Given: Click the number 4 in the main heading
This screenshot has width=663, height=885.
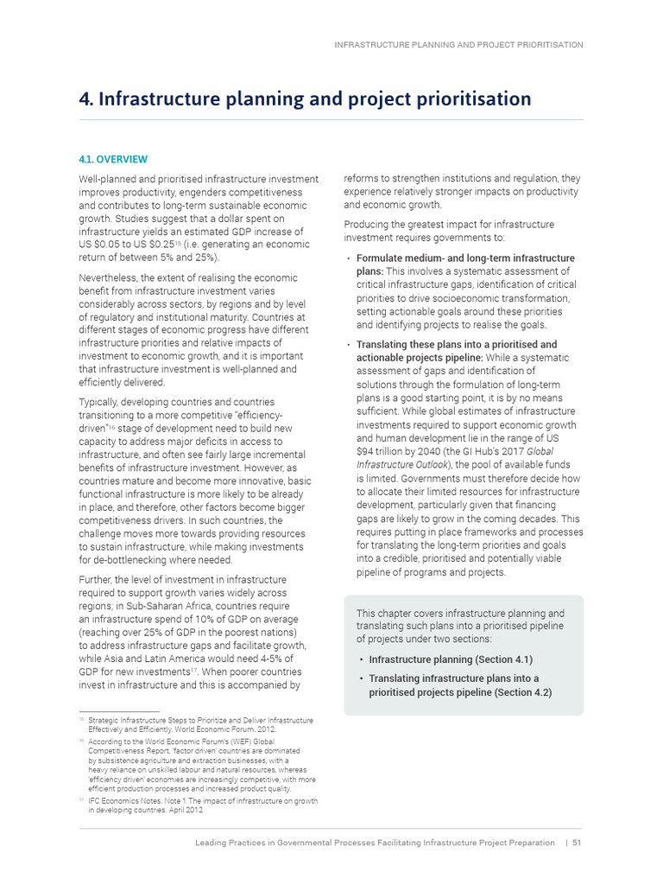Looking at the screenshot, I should pyautogui.click(x=85, y=99).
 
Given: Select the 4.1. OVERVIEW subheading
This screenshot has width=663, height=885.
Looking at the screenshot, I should pyautogui.click(x=113, y=159).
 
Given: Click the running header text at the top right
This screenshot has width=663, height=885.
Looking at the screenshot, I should pyautogui.click(x=458, y=44).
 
